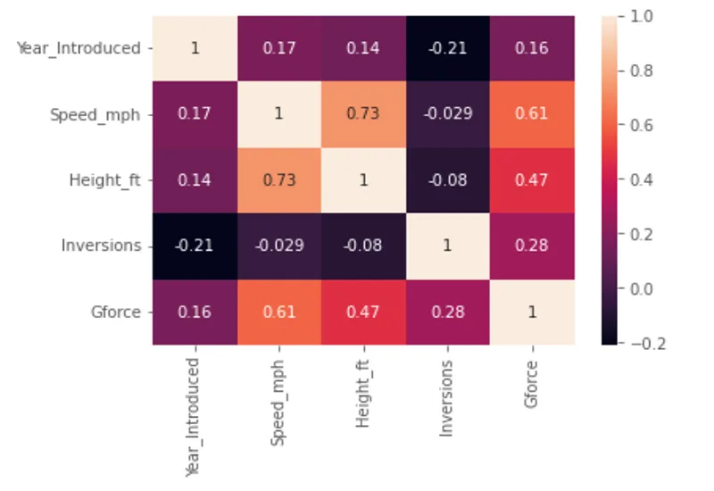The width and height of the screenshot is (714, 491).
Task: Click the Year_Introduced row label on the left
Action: [79, 48]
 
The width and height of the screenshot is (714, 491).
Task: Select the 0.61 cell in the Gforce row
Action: [279, 311]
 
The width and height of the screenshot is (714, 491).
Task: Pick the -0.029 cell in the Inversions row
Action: [279, 245]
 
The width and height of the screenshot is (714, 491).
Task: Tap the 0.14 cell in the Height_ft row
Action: [195, 179]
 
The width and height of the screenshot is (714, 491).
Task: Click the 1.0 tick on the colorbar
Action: [641, 16]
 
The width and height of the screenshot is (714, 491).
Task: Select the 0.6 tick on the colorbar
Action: [641, 125]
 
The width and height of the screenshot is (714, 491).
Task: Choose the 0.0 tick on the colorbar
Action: [641, 288]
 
